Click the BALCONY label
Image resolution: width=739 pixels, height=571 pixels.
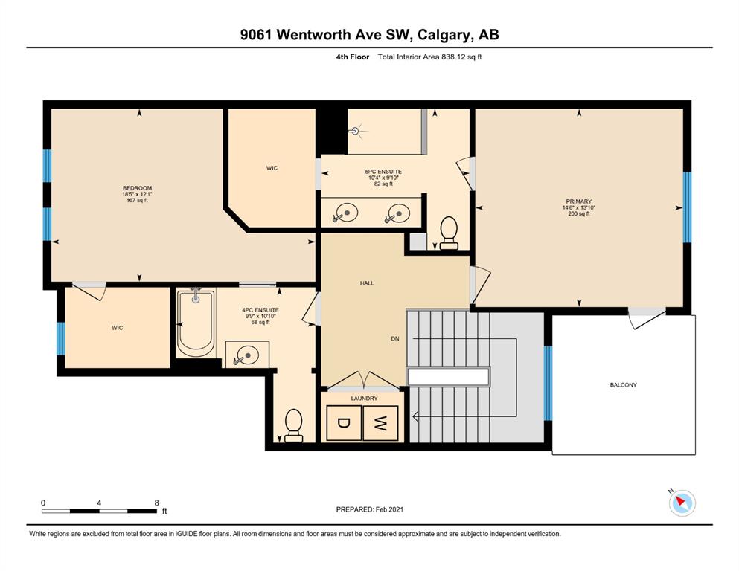coord(623,384)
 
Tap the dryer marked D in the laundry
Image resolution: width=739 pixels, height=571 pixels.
coord(344,423)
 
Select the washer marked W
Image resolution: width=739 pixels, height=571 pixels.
coord(380,423)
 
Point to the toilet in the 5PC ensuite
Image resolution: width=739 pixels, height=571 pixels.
coord(448,233)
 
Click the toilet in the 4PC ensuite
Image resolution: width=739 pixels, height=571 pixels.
coord(294,425)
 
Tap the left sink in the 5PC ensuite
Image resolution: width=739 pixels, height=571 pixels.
coord(345,213)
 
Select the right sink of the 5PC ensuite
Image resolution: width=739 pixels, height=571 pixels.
coord(397,213)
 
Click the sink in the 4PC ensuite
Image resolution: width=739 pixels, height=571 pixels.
coord(246,355)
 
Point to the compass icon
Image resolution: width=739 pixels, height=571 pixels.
coord(682,503)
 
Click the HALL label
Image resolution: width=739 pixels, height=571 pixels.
coord(367,283)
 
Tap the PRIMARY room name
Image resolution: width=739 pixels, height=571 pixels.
coord(578,201)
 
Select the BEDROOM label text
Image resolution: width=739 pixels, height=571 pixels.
coord(137,188)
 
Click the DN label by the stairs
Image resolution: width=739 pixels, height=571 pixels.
coord(395,338)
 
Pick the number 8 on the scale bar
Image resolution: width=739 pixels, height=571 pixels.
coord(156,503)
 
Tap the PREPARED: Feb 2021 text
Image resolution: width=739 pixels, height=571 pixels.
coord(369,509)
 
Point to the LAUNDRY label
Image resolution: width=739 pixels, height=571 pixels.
coord(364,399)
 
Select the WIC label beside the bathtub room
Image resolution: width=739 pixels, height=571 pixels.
coord(118,328)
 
